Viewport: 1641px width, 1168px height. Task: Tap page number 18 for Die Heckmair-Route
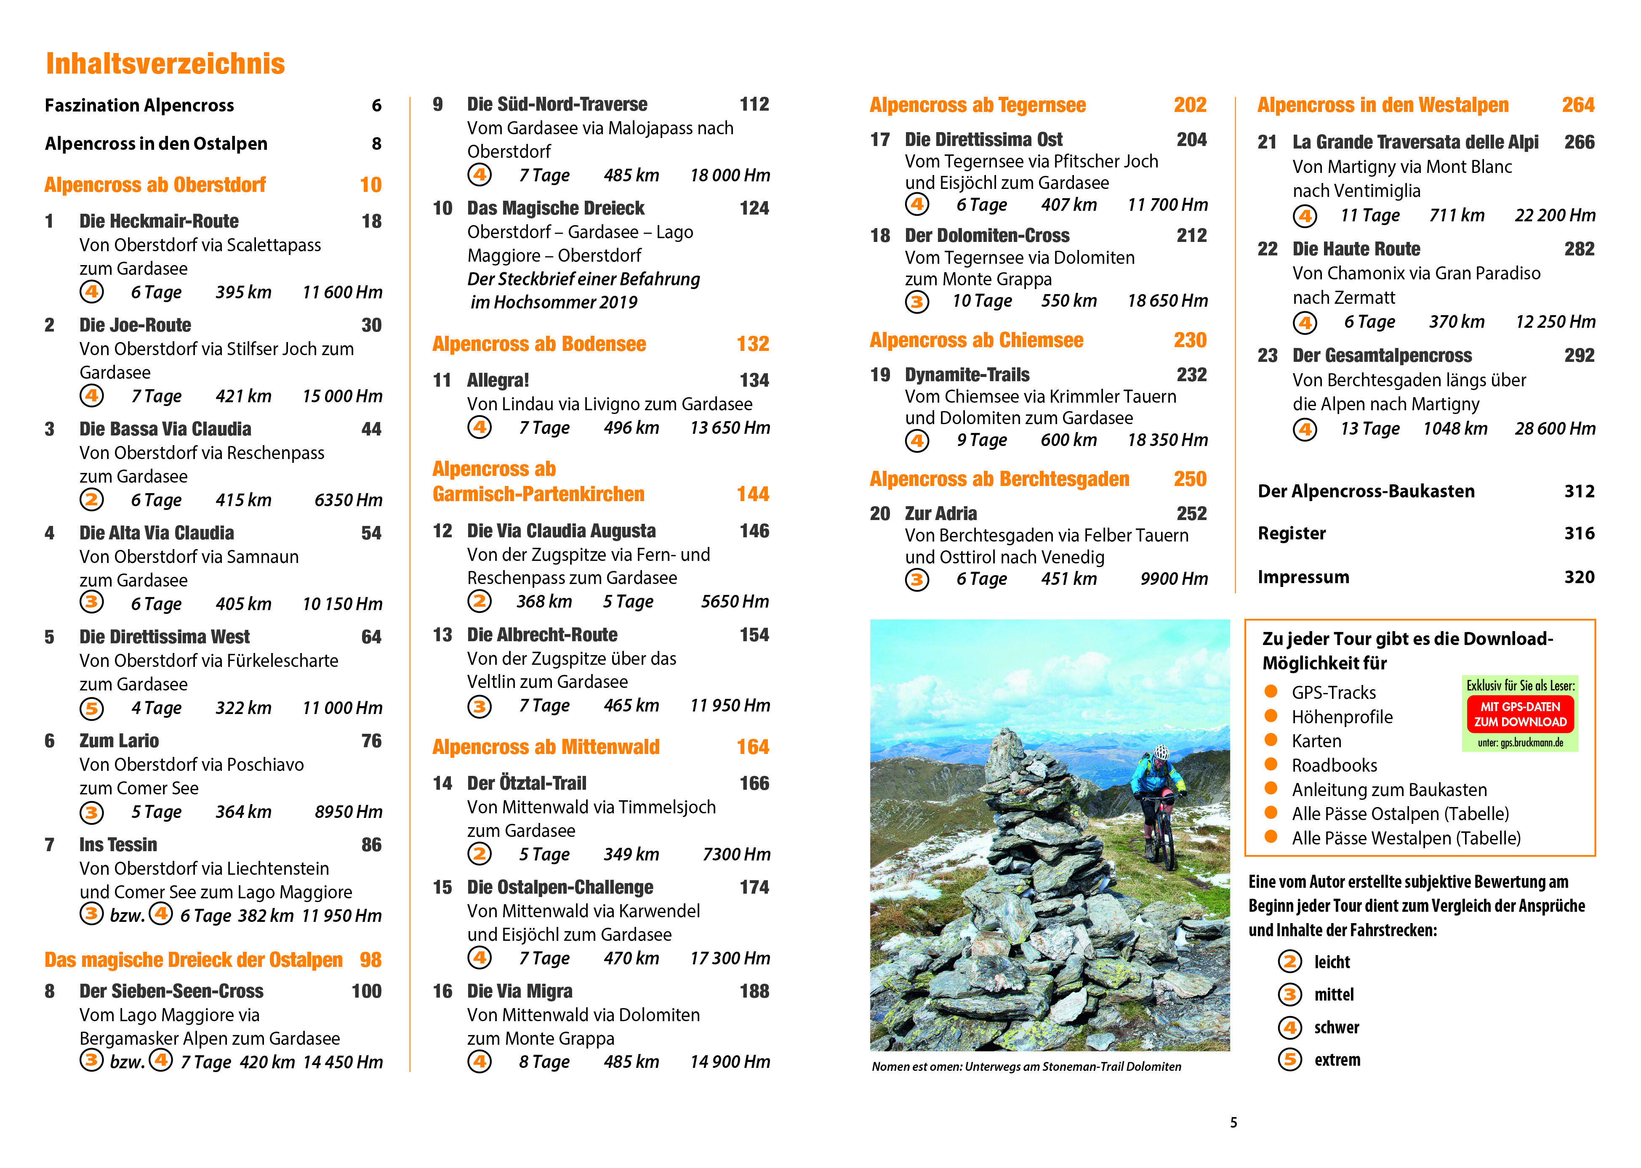pyautogui.click(x=371, y=221)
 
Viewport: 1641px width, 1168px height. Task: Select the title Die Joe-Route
pyautogui.click(x=135, y=325)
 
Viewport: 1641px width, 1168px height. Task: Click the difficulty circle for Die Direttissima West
pyautogui.click(x=91, y=709)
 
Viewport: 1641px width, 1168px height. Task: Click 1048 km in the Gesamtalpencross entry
pyautogui.click(x=1454, y=429)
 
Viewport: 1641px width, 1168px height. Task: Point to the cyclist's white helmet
pyautogui.click(x=1160, y=752)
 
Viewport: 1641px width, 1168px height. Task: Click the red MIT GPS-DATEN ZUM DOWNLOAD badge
pyautogui.click(x=1520, y=714)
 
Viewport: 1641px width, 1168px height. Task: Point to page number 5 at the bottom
pyautogui.click(x=1233, y=1123)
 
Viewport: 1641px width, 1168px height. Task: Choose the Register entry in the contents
pyautogui.click(x=1291, y=533)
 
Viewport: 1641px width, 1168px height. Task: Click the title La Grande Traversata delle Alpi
pyautogui.click(x=1415, y=142)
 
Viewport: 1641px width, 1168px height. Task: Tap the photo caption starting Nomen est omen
pyautogui.click(x=1026, y=1067)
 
